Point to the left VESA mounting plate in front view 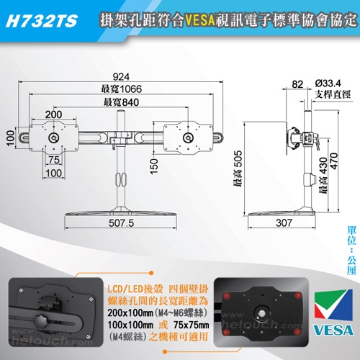[54, 136]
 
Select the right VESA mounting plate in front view [189, 136]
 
